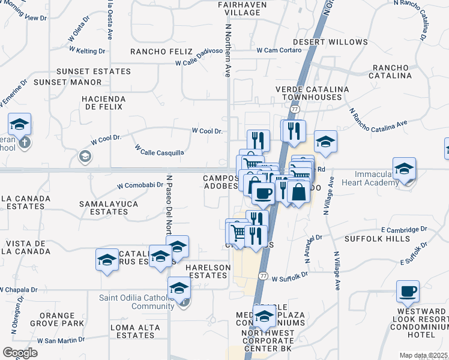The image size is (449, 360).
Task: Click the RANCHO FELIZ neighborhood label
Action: (161, 52)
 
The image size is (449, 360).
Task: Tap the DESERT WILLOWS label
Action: (339, 42)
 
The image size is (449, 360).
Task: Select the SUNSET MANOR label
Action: (68, 82)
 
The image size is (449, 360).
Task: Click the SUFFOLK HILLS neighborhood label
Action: (376, 238)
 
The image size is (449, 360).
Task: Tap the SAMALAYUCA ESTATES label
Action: (109, 208)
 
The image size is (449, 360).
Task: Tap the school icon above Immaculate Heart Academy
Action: (405, 169)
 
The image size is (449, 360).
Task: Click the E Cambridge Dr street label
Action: (403, 229)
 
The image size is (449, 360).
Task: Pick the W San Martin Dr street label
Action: (61, 340)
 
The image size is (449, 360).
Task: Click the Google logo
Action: (20, 353)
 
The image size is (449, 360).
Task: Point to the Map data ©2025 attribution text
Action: (423, 355)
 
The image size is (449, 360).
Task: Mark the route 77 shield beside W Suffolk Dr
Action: (263, 275)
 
